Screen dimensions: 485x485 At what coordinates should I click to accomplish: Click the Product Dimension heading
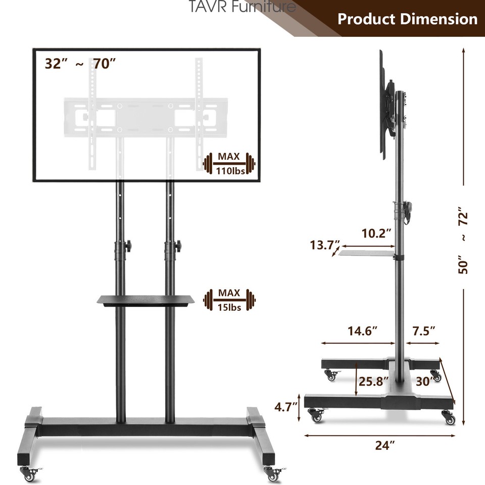point(407,19)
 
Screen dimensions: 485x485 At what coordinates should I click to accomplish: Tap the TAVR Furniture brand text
point(243,7)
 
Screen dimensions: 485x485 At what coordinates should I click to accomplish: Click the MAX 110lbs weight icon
point(229,164)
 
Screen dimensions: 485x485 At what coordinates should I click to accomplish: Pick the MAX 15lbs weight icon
point(229,300)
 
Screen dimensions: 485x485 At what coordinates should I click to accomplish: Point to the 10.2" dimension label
point(376,233)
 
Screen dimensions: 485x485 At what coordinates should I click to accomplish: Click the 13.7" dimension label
point(325,246)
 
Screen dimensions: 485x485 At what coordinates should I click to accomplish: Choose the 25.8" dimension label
point(374,380)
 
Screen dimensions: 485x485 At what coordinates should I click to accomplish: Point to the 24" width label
point(385,445)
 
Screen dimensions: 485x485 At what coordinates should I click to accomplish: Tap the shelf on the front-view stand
point(145,300)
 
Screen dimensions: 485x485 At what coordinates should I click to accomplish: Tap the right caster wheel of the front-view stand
point(273,474)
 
